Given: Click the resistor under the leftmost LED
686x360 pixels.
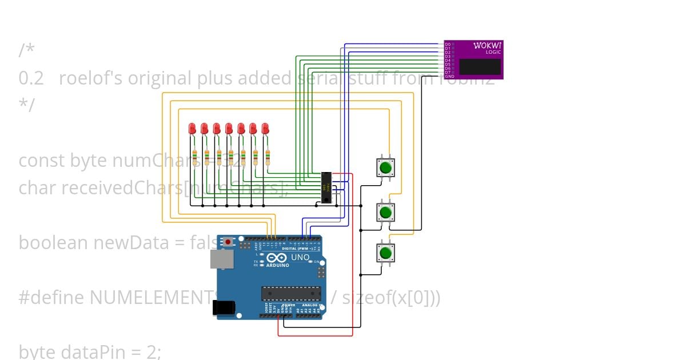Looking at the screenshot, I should point(194,157).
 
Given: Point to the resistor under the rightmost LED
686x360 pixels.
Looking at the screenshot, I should point(267,157).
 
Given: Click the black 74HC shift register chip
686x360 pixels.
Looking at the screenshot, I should point(326,187).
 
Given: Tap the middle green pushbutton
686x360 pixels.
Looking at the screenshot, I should point(385,212).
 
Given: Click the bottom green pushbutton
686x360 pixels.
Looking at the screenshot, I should point(385,253).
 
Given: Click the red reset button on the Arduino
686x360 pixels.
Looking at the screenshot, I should point(229,242).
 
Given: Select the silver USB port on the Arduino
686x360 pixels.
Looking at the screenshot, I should point(221,259).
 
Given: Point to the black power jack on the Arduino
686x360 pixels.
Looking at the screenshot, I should point(223,307).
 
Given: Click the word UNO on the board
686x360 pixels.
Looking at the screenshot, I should point(300,258).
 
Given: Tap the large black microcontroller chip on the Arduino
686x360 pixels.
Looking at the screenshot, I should point(291,293).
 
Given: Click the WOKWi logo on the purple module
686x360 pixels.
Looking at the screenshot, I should point(488,45).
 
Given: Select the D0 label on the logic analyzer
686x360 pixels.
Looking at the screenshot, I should point(448,44).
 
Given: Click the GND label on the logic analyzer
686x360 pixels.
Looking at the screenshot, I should point(450,76).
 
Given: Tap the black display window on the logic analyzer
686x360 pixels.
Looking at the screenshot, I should point(480,66).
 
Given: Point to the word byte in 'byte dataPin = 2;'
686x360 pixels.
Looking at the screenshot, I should point(38,351).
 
